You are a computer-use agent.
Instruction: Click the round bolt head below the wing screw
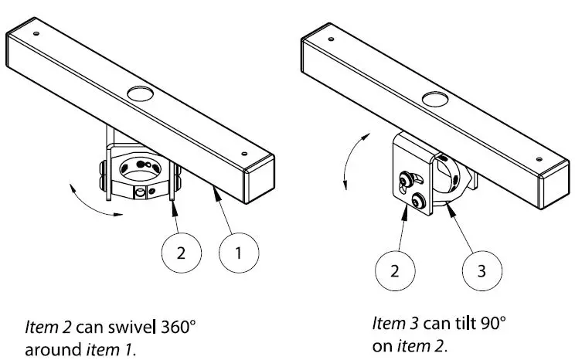[418, 202]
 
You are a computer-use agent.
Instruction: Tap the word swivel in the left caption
[136, 326]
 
